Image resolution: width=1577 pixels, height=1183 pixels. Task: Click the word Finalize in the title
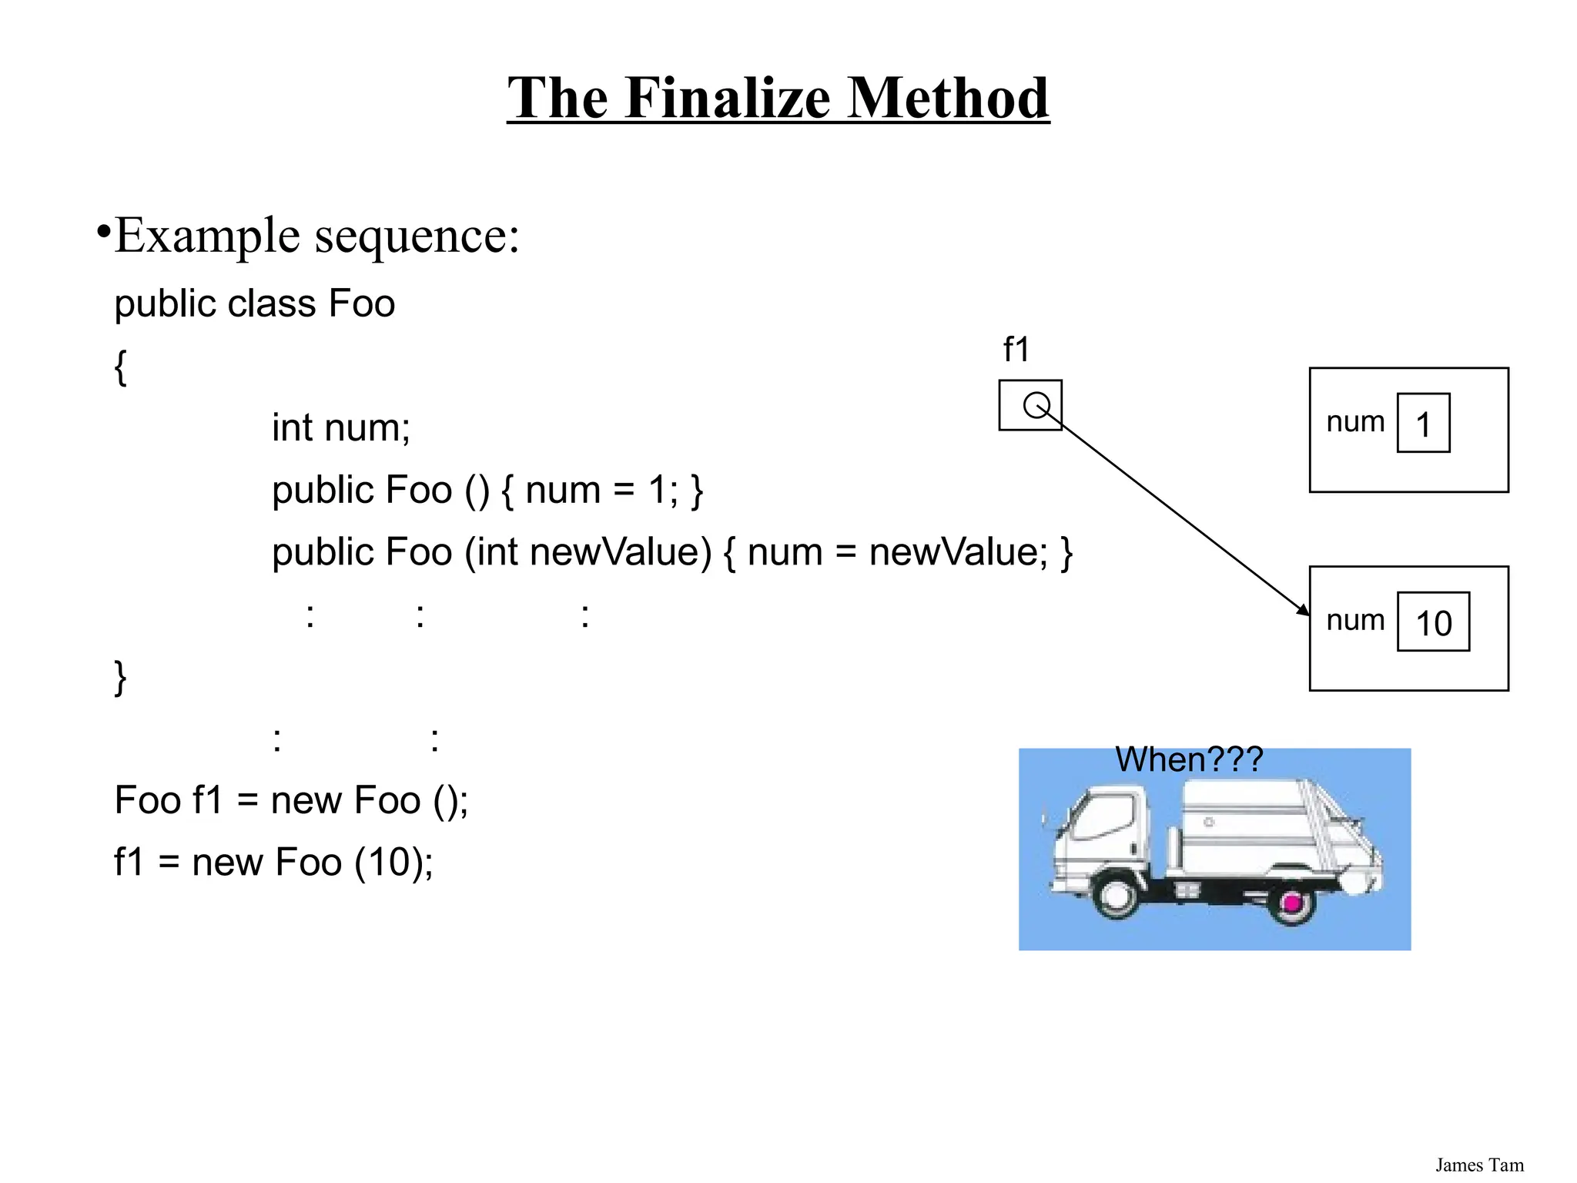pyautogui.click(x=728, y=98)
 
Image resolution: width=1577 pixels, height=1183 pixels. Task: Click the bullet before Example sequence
pyautogui.click(x=103, y=231)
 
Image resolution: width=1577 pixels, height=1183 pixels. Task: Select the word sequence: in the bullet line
pyautogui.click(x=417, y=236)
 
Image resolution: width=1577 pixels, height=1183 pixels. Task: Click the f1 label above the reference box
pyautogui.click(x=1016, y=350)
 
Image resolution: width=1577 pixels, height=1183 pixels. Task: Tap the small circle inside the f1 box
pyautogui.click(x=1036, y=404)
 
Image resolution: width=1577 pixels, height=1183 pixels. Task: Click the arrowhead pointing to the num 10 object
pyautogui.click(x=1302, y=610)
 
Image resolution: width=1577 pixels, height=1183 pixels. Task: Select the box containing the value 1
pyautogui.click(x=1423, y=423)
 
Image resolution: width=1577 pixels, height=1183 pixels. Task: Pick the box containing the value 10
pyautogui.click(x=1433, y=622)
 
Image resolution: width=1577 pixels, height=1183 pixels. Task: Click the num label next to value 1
pyautogui.click(x=1355, y=421)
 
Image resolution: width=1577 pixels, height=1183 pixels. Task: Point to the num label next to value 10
pyautogui.click(x=1355, y=620)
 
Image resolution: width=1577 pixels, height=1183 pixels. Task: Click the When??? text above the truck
pyautogui.click(x=1189, y=759)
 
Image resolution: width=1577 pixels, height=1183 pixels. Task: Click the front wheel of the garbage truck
pyautogui.click(x=1114, y=896)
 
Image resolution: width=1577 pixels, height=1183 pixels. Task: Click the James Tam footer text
pyautogui.click(x=1479, y=1165)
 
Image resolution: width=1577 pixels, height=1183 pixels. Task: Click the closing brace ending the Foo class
pyautogui.click(x=120, y=677)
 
